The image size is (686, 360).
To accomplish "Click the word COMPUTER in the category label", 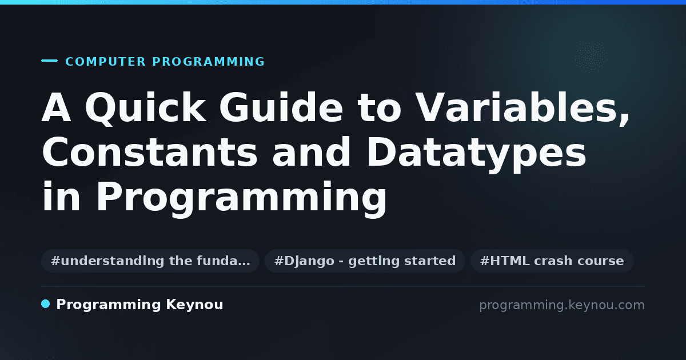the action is pos(105,62).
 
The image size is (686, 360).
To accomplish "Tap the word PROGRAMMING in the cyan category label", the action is pos(208,62).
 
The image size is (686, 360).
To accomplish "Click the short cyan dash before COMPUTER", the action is pos(49,61).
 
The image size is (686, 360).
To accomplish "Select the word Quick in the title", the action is pos(145,108).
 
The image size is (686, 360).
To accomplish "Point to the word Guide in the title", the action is pos(281,107).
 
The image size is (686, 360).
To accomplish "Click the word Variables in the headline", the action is pos(516,107).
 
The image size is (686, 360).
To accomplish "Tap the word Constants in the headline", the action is pos(149,152).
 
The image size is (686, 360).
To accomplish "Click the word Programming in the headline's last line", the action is pos(242,199).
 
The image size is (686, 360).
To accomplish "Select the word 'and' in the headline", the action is pos(311,152).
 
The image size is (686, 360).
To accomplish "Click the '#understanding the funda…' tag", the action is pos(150,261).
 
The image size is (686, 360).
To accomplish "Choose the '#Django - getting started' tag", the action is pos(365,261).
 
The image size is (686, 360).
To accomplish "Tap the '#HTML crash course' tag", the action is pos(552,261).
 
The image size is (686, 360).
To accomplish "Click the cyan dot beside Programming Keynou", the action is pos(45,304).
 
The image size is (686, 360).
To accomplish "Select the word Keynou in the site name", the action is pos(194,305).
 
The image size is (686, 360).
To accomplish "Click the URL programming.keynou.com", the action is pos(562,305).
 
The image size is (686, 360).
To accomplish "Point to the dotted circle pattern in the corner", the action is pos(591,58).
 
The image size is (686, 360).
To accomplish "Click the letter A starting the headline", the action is pos(57,107).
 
